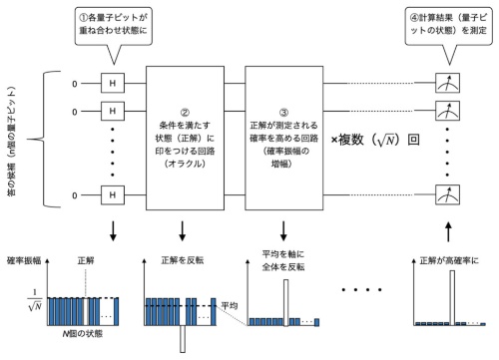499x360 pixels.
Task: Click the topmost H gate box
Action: click(x=115, y=77)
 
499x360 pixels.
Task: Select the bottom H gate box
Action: click(x=115, y=193)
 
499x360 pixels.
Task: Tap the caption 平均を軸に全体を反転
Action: click(x=286, y=261)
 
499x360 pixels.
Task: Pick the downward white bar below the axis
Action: click(x=184, y=339)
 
